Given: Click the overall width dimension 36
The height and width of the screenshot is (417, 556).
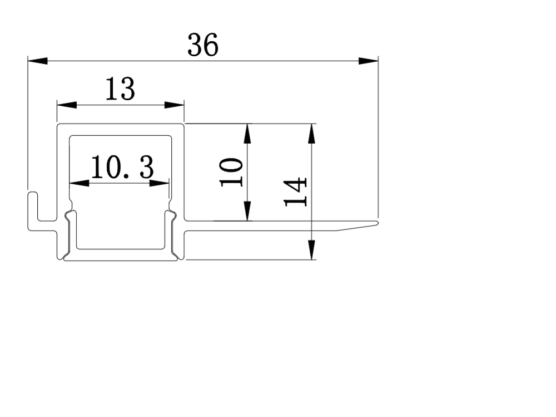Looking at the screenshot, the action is [203, 45].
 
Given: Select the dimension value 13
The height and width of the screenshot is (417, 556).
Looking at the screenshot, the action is [120, 89].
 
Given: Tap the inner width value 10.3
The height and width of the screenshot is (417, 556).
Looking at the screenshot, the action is [122, 167].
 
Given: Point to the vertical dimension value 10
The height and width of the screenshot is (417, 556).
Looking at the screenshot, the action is [231, 172].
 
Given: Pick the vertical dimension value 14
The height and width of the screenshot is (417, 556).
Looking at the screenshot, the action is [295, 192].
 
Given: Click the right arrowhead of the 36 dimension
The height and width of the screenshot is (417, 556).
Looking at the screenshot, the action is [369, 61].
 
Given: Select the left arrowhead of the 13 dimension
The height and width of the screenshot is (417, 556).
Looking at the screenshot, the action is [67, 105].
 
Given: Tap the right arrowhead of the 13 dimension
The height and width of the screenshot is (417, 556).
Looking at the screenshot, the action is [175, 105].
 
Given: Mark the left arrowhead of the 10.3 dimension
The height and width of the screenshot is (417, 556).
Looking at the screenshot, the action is [80, 183].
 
